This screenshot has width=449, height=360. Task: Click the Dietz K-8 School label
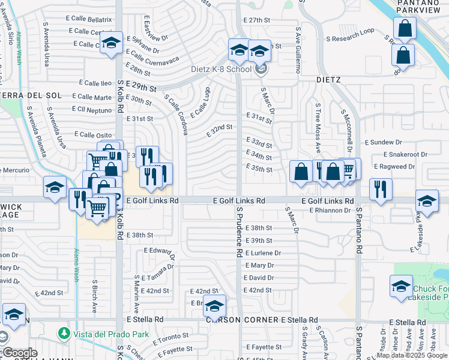click(x=221, y=69)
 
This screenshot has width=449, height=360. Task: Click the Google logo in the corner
click(x=19, y=353)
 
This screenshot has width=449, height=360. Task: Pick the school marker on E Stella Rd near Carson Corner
click(x=214, y=305)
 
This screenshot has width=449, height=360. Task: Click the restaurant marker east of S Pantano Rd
click(x=381, y=188)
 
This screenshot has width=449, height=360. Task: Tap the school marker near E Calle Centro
click(x=111, y=42)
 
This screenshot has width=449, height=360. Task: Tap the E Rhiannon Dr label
click(x=330, y=211)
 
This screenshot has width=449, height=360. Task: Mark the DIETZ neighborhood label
click(x=329, y=80)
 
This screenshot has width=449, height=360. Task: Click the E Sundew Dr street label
click(x=383, y=142)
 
